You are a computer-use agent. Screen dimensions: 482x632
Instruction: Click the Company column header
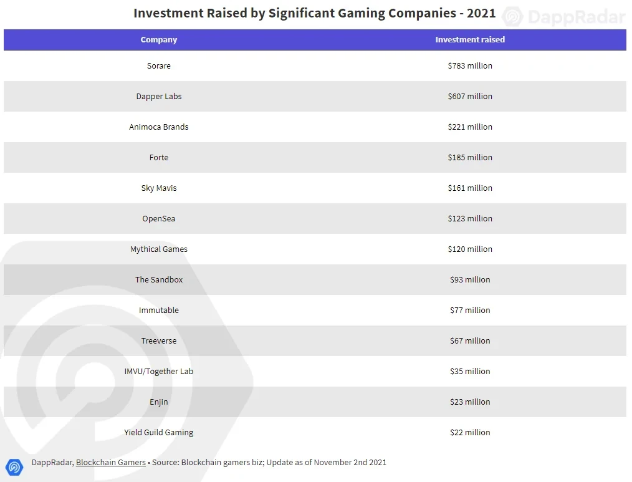159,39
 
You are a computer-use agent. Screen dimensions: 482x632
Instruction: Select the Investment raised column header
470,39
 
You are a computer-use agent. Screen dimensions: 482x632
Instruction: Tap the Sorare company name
159,65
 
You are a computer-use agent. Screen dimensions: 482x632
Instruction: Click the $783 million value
470,65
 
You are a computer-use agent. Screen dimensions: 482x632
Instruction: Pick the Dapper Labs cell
159,96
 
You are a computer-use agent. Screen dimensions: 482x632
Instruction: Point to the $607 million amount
470,96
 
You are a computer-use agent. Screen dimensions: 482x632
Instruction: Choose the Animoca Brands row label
159,127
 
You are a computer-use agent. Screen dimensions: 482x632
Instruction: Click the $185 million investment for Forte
470,157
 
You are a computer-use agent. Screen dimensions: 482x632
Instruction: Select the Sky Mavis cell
159,188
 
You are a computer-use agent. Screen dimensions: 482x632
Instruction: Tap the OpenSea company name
159,218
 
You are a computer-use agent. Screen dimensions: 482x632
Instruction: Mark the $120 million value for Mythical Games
470,249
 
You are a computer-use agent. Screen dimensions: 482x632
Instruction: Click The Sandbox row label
159,279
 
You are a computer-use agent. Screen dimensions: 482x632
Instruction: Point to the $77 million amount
470,310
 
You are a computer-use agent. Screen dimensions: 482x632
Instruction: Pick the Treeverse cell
159,340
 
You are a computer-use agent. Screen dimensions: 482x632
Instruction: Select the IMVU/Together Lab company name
159,371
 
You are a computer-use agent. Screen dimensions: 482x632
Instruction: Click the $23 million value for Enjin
470,402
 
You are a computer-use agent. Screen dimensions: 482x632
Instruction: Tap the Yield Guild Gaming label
159,432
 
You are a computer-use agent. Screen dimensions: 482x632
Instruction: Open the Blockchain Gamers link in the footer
111,462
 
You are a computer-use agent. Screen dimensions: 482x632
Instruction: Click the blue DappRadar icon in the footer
14,466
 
